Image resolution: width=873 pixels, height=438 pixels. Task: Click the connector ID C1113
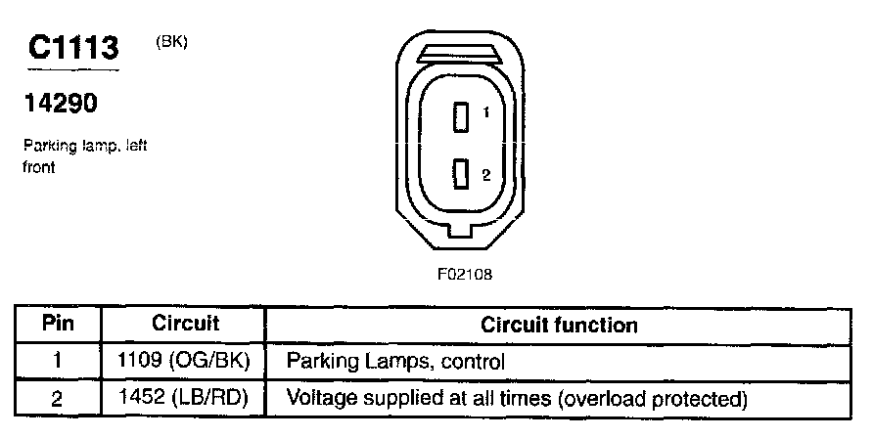click(74, 48)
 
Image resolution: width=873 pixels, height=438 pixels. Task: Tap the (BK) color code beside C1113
click(171, 42)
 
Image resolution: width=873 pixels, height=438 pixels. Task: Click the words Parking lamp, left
click(85, 147)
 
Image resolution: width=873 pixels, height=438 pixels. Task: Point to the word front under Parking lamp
click(40, 167)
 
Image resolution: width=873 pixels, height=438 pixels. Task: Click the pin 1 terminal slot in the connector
click(460, 117)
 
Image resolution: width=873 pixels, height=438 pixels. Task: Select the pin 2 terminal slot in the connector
click(460, 175)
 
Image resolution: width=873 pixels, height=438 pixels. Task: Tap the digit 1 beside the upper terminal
click(485, 114)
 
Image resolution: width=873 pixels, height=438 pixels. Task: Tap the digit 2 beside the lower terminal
click(485, 174)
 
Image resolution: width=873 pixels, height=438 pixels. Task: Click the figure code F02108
click(464, 275)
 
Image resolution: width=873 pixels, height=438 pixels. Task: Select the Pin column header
click(58, 324)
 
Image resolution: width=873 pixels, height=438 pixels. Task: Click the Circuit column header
click(185, 324)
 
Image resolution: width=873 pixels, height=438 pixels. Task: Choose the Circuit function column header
click(559, 324)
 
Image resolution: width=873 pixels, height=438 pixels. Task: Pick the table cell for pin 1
click(58, 361)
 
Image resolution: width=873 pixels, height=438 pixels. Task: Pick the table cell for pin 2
click(58, 398)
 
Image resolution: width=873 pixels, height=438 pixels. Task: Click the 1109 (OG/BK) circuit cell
click(185, 361)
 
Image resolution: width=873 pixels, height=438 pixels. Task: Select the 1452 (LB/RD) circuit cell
click(185, 398)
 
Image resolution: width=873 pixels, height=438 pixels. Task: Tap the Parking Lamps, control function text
click(394, 361)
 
